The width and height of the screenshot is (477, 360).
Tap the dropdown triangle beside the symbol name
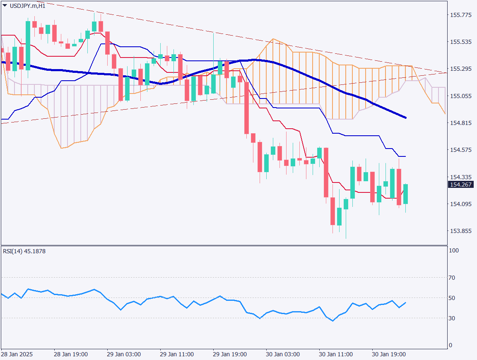(x=5, y=5)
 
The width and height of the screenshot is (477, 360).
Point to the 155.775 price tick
(x=460, y=15)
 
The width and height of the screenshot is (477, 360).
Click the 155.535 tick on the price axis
(x=460, y=42)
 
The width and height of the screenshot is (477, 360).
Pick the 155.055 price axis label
(x=460, y=96)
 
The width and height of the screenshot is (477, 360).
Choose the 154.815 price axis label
(x=460, y=123)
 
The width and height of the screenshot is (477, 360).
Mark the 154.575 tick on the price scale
(x=460, y=150)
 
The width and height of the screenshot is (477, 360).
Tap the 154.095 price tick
(x=460, y=204)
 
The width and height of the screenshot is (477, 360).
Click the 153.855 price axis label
(x=460, y=231)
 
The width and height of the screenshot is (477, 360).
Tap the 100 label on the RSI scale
(x=454, y=251)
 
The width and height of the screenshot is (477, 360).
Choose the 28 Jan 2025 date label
(x=17, y=355)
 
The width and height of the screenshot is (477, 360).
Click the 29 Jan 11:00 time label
(x=177, y=355)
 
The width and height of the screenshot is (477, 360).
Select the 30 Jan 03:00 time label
(x=283, y=355)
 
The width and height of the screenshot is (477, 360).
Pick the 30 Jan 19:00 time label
(x=389, y=355)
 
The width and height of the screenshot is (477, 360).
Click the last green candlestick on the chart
(x=405, y=194)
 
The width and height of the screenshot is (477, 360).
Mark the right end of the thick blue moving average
(x=405, y=118)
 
